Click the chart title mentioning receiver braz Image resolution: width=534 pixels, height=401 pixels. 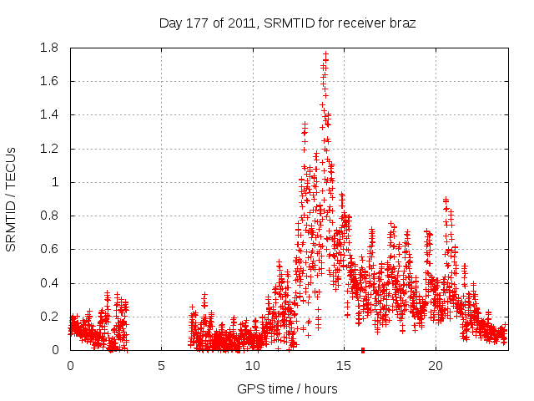tap(287, 23)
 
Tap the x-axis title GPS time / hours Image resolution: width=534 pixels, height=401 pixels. tap(287, 388)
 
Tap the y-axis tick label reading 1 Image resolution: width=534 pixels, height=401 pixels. tap(55, 182)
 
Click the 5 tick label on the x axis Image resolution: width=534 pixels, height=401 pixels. tap(161, 366)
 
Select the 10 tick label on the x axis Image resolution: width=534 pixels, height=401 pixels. tap(253, 366)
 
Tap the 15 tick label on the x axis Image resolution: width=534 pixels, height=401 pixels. tap(344, 366)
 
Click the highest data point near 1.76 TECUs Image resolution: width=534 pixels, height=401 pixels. tap(325, 54)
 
